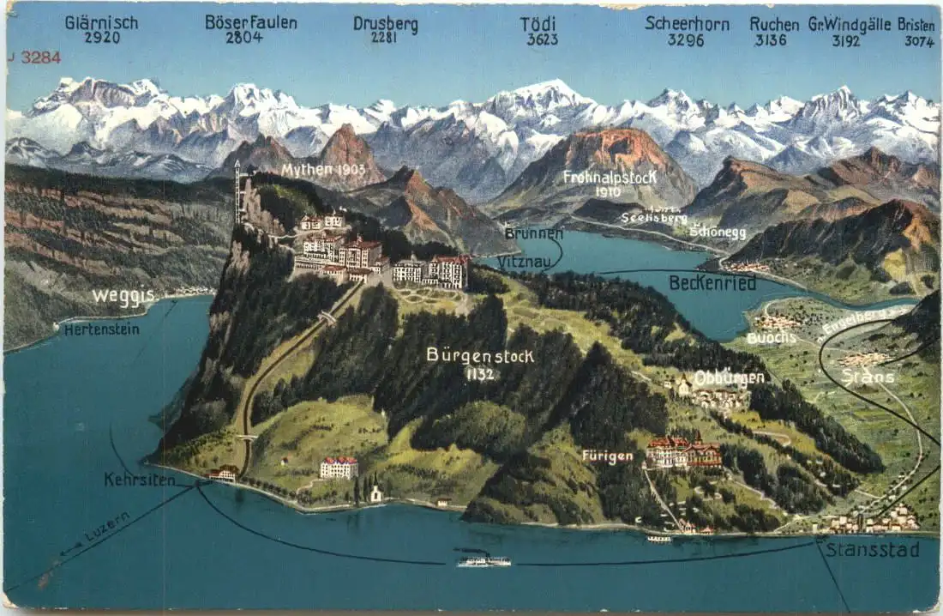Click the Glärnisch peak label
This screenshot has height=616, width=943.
(101, 23)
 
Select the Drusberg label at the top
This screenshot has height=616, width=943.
(386, 24)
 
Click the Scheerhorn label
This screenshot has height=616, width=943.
(687, 24)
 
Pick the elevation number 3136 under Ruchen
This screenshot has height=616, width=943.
(771, 39)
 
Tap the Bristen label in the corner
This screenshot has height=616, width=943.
(916, 25)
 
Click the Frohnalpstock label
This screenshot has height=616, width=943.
(610, 178)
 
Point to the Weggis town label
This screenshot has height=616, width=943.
(123, 297)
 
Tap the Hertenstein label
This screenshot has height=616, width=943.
(101, 329)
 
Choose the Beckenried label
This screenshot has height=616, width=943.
(712, 282)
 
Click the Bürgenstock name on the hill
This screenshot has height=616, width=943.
(480, 355)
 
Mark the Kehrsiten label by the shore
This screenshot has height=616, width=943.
(140, 480)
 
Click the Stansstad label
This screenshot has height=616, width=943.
(873, 549)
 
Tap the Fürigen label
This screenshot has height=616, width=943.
(607, 456)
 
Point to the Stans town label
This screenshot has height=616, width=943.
(868, 377)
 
